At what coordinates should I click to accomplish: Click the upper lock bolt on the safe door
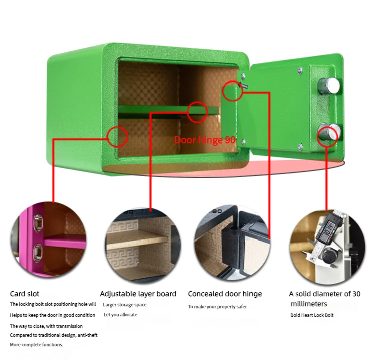coord(329,87)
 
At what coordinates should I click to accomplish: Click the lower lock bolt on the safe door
coord(328,134)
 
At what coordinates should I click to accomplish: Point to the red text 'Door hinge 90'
coord(205,140)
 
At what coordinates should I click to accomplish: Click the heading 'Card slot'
coord(24,294)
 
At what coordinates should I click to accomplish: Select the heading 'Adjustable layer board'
coord(138,294)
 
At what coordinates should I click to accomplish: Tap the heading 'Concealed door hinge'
coord(225,294)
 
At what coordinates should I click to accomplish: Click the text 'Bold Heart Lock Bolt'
coord(312,315)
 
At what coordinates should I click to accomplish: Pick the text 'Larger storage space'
coord(124,305)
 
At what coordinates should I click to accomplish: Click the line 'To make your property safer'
coord(217,306)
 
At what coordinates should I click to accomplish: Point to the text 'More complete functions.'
coord(37,345)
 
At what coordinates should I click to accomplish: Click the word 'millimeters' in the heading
coord(309,304)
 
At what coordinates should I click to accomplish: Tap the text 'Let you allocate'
coord(120,315)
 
